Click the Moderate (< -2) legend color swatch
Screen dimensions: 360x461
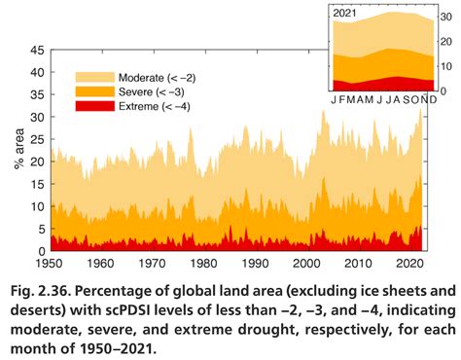coord(95,76)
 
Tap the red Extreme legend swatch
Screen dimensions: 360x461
coord(95,105)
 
